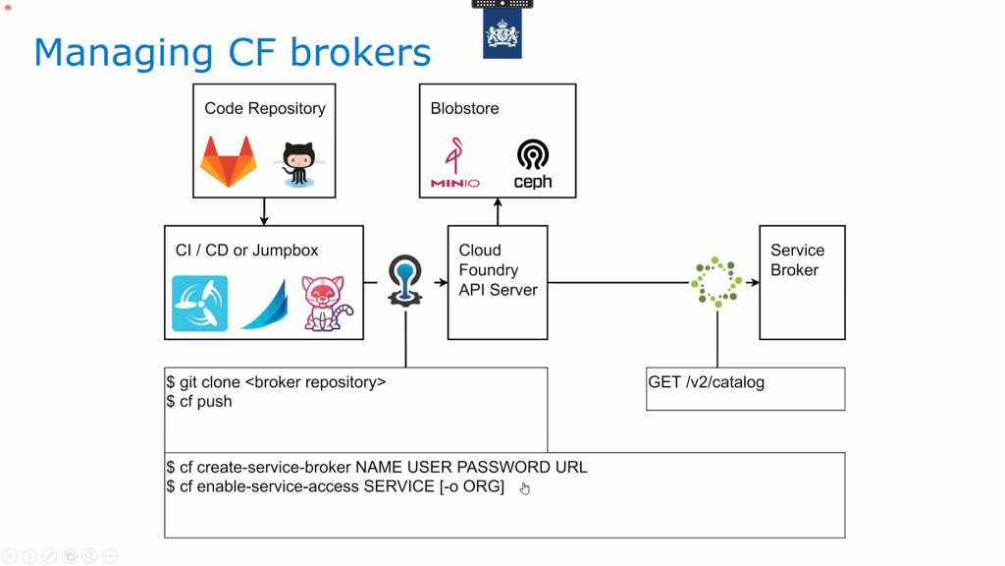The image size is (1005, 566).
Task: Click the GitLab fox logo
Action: tap(228, 161)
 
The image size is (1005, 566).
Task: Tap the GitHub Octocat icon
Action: tap(298, 164)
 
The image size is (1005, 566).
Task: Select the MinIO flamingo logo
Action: tap(454, 162)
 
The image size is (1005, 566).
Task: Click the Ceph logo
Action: tap(533, 164)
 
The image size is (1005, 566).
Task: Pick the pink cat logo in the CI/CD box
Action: tap(327, 303)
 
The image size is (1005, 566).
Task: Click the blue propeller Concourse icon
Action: tap(200, 304)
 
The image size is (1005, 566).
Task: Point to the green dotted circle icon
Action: tap(715, 282)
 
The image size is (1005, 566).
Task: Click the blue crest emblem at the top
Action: tap(502, 33)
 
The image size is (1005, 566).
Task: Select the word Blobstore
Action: tap(464, 108)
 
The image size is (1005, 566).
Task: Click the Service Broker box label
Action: tap(797, 259)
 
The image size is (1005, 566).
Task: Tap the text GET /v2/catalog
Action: tap(707, 382)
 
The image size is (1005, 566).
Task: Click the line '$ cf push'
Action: tap(198, 402)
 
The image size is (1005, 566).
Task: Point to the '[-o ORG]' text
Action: tap(472, 487)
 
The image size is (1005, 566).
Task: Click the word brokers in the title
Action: tap(360, 52)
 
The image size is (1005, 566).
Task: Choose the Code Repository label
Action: tap(265, 108)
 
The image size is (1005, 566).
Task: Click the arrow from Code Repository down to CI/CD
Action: tap(264, 212)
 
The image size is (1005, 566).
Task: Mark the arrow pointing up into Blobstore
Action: tap(498, 212)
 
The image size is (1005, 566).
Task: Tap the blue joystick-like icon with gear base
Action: tap(405, 280)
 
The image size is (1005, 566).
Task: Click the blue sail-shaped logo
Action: tap(265, 304)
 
